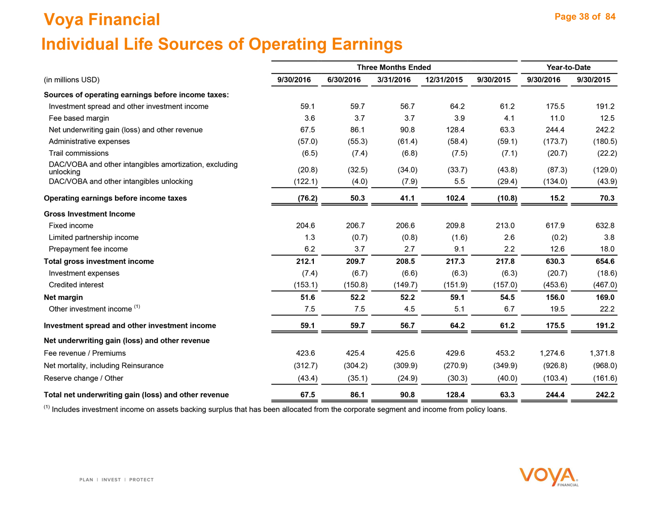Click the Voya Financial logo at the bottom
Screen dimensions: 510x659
coord(548,477)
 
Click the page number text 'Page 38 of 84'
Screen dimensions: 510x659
coord(585,17)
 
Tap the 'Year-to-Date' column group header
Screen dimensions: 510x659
coord(568,67)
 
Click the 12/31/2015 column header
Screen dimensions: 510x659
coord(444,80)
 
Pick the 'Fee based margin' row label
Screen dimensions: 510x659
coord(79,118)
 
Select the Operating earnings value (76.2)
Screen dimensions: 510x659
coord(307,198)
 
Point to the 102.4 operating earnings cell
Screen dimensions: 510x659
coord(455,198)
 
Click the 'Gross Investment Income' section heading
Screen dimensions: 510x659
coord(89,214)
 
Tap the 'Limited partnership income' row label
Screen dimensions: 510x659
coord(93,237)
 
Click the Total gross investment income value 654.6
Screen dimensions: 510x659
coord(605,261)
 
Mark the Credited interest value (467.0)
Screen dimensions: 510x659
coord(605,285)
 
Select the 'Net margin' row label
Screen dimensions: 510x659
coord(63,297)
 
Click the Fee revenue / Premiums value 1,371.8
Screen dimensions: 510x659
coord(602,353)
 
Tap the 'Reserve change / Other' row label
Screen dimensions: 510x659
coord(84,378)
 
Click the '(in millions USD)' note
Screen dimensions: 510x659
coord(71,80)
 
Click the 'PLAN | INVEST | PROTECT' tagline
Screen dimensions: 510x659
coord(117,480)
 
